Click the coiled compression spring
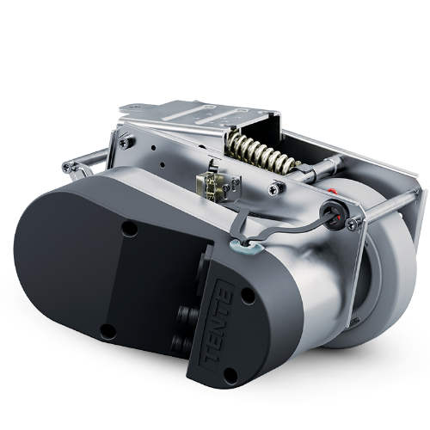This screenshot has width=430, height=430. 261,152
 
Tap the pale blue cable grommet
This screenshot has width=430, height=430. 246,246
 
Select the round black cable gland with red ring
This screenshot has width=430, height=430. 334,213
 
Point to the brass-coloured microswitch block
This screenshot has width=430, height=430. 210,185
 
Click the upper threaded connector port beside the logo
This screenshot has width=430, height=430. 186,312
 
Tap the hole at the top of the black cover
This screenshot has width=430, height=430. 130,229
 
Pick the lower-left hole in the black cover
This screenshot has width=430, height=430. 108,332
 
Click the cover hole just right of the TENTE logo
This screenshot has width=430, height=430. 248,295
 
